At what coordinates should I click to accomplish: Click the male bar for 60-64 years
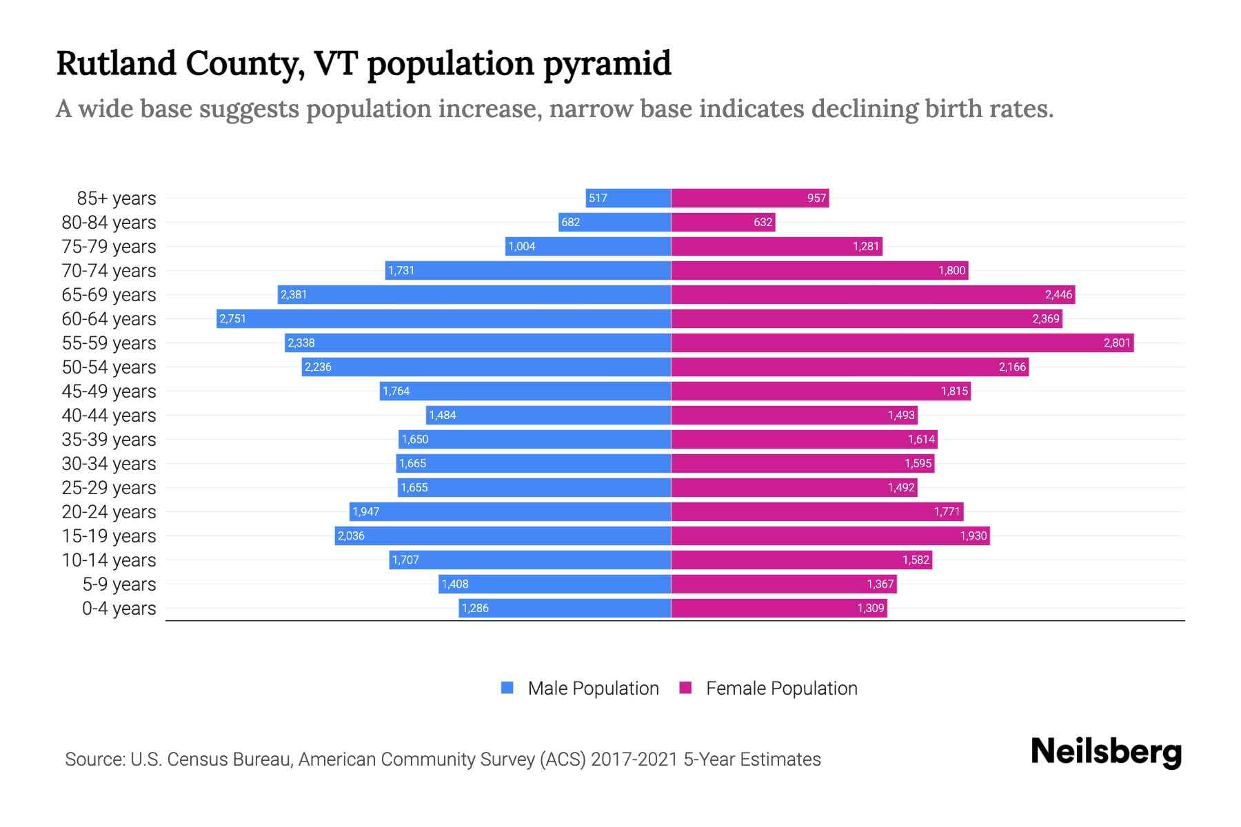(x=443, y=318)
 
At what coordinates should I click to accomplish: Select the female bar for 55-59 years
(x=902, y=343)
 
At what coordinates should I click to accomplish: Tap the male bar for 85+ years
(x=628, y=198)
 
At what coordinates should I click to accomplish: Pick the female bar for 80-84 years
(x=723, y=222)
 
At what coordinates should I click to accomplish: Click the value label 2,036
(x=351, y=535)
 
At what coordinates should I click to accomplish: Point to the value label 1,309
(x=870, y=608)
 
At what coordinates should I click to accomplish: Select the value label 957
(x=816, y=198)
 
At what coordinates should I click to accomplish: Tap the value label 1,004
(x=521, y=246)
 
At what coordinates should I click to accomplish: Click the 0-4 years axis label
(x=119, y=608)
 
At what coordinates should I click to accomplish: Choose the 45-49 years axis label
(x=109, y=391)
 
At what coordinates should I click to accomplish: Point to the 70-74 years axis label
(x=109, y=270)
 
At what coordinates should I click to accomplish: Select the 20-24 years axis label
(x=109, y=511)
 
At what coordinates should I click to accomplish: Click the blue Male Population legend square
(x=507, y=688)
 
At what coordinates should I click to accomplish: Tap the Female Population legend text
(x=781, y=688)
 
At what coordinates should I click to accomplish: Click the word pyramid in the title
(x=607, y=63)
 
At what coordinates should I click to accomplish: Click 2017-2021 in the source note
(x=634, y=759)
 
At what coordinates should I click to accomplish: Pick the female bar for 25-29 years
(x=794, y=487)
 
